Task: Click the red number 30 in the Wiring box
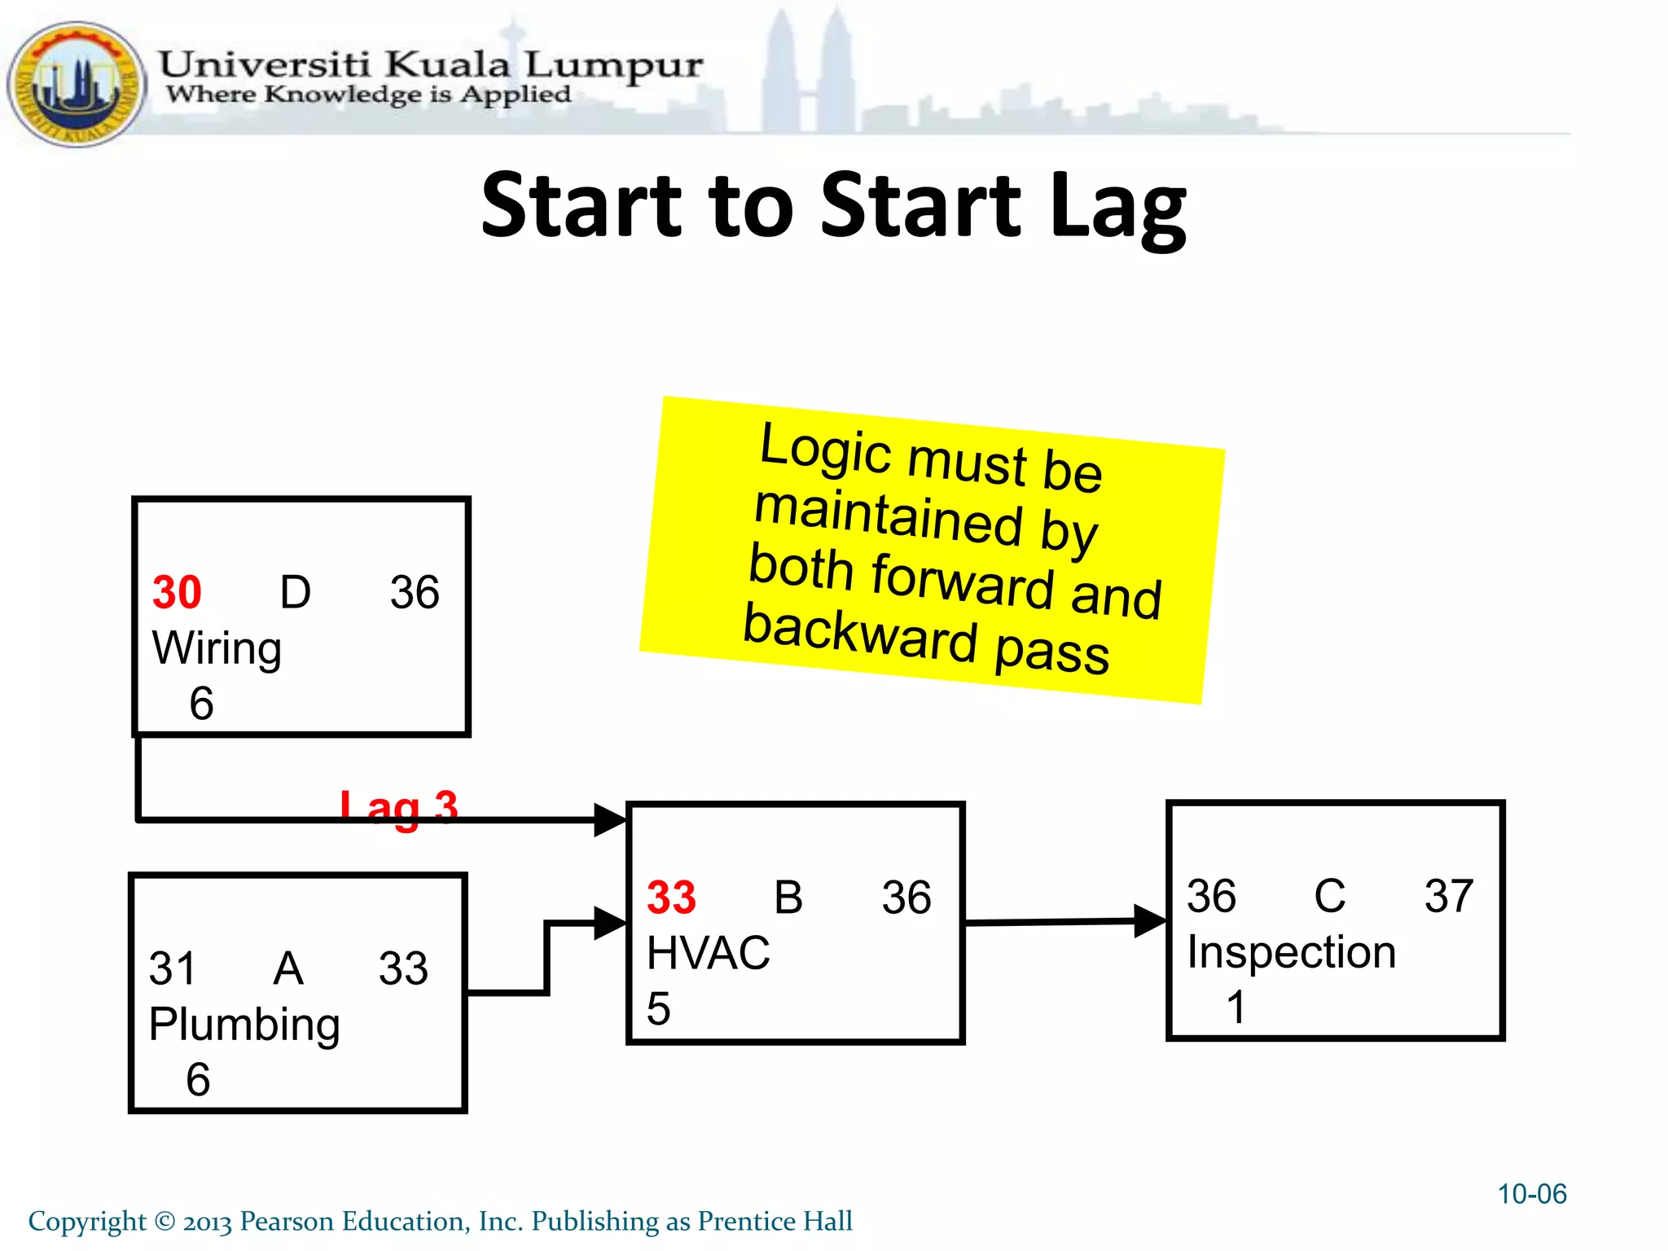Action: pos(177,592)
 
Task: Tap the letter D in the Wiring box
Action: pos(295,592)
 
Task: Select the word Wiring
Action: pos(217,649)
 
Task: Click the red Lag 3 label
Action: pos(398,807)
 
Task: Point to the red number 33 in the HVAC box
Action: pos(671,898)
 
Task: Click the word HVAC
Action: pos(708,953)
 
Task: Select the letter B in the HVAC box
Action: pos(788,898)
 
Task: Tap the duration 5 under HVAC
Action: pos(658,1008)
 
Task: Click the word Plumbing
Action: pos(244,1025)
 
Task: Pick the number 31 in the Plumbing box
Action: pos(172,968)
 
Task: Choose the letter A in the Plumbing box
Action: pos(288,968)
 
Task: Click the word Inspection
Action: pos(1291,952)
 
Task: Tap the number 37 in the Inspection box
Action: pos(1448,896)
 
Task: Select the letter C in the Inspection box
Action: pos(1329,896)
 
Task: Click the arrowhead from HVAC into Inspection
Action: pos(1151,921)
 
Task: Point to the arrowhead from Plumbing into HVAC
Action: pos(610,924)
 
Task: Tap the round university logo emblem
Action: pos(76,85)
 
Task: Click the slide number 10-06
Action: pos(1531,1194)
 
